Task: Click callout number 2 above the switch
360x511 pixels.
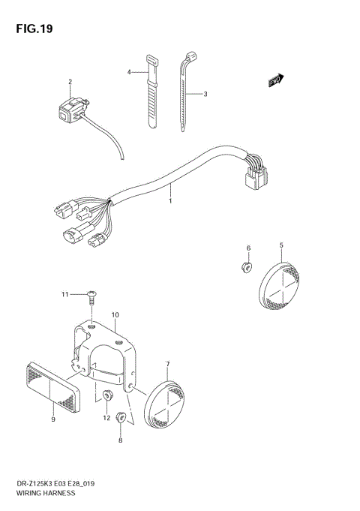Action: [70, 82]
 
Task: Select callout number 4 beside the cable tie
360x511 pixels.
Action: [129, 72]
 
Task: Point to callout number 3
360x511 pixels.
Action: [205, 94]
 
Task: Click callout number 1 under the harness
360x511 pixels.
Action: [170, 201]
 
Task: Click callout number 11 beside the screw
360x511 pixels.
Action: [65, 294]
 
